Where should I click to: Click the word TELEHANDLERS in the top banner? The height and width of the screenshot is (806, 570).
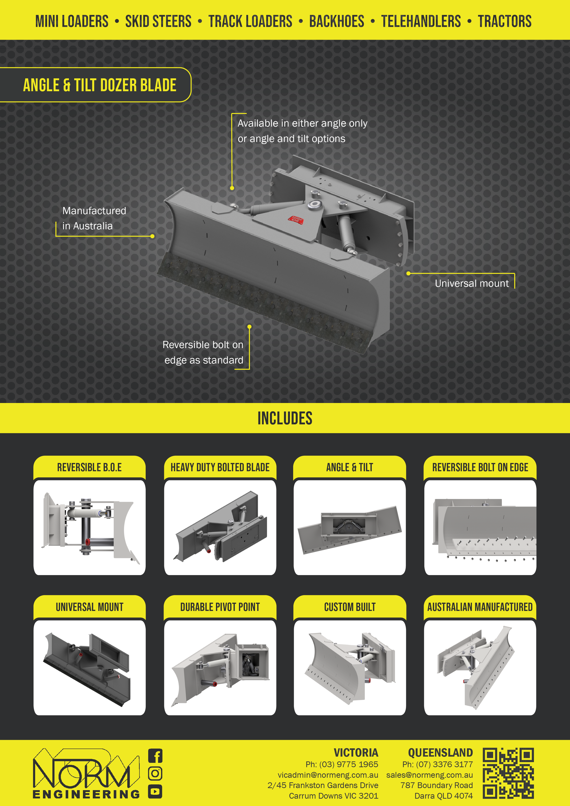421,21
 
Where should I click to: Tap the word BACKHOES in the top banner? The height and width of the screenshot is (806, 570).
337,21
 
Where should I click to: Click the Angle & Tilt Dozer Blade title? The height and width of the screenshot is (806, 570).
100,85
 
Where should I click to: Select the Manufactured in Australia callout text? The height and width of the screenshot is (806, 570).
94,218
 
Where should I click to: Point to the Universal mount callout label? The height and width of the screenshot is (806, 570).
472,283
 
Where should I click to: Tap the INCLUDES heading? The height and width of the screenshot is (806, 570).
285,418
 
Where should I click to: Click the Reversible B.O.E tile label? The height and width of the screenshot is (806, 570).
90,467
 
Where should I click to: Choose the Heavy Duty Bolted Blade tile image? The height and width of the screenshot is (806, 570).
220,527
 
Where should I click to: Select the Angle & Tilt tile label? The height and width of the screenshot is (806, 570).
350,467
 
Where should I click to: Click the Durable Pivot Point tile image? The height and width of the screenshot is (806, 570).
220,668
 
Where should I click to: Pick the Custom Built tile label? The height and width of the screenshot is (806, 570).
350,607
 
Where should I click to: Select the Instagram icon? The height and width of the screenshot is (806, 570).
155,773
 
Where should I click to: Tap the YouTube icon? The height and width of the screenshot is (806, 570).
155,791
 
